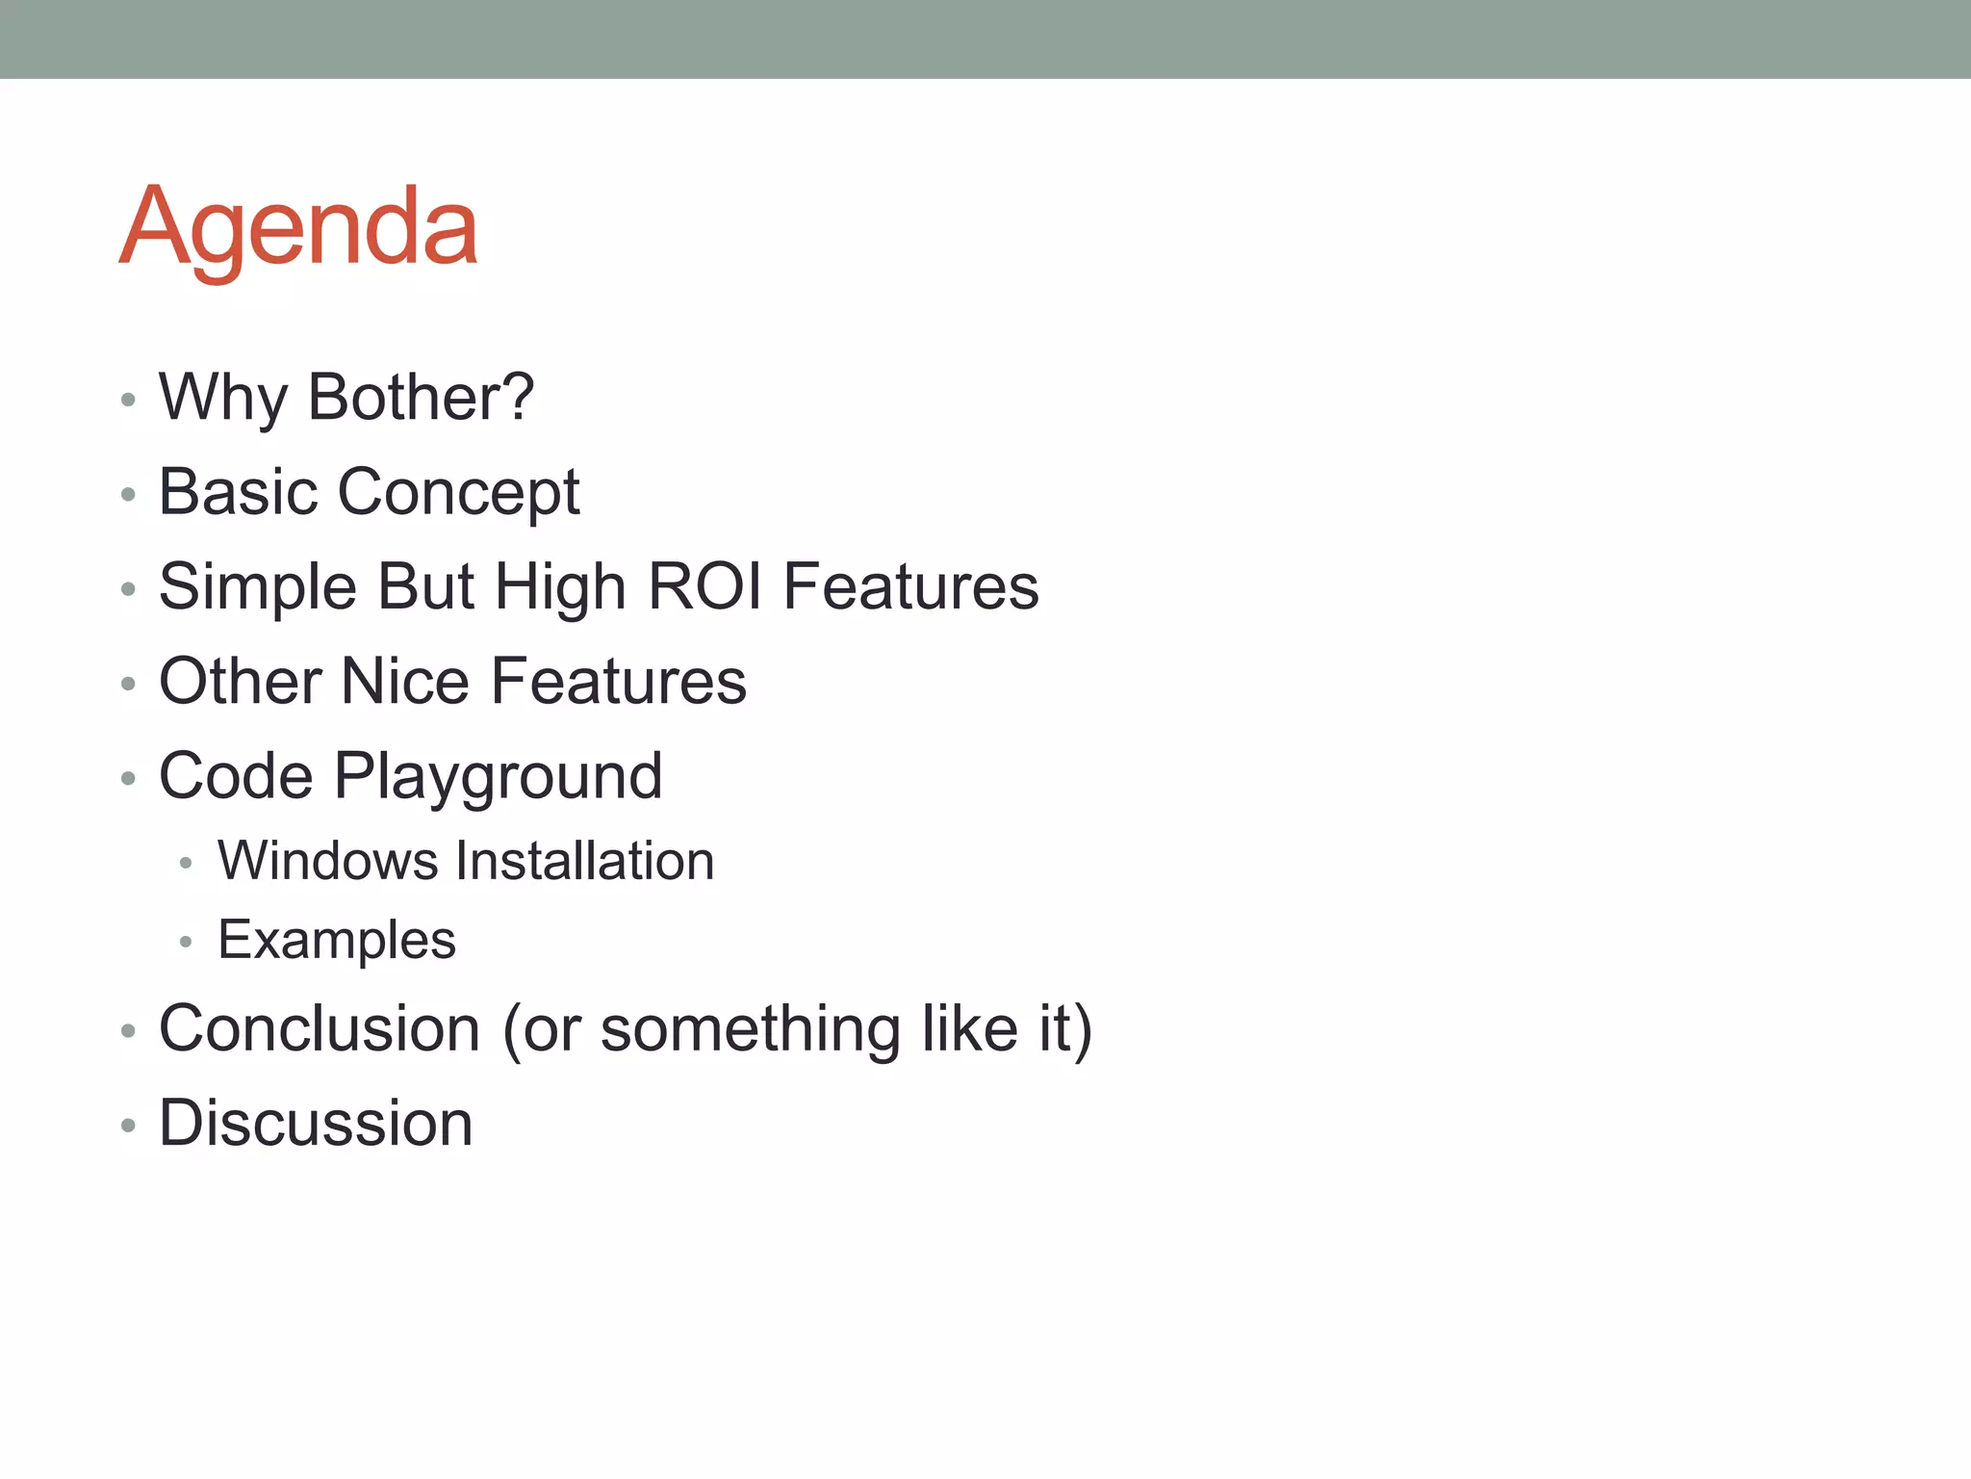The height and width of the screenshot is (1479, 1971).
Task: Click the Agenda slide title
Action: (x=298, y=227)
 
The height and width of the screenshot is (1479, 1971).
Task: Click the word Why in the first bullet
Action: (x=222, y=397)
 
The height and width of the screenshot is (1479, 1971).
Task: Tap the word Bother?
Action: (x=421, y=397)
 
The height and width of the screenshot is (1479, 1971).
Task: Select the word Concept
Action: (x=459, y=493)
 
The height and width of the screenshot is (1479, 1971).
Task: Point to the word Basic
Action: (x=238, y=491)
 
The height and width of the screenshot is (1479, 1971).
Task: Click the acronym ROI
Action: (x=704, y=586)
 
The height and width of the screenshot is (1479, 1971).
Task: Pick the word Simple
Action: (x=257, y=586)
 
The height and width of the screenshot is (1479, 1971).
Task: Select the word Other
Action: (x=240, y=681)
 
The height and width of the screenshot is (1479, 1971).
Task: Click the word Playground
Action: (x=498, y=777)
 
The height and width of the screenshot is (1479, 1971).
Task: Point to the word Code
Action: (x=236, y=775)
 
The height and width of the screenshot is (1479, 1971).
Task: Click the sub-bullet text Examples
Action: (x=337, y=941)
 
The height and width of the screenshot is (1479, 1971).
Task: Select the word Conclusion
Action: (x=319, y=1028)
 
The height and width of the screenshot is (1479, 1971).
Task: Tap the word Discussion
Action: (x=316, y=1123)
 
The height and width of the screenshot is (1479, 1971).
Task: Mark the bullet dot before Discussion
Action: (x=128, y=1125)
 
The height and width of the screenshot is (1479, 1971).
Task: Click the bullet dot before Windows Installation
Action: (x=186, y=863)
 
